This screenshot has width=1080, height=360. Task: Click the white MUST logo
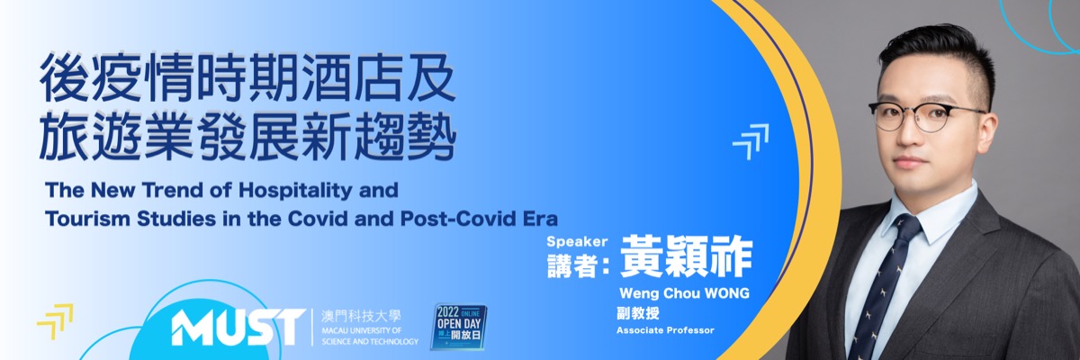[238, 328]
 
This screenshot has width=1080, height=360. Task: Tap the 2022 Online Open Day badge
[458, 327]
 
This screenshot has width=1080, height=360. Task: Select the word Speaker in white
[577, 242]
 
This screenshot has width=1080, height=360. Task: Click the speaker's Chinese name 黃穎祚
[686, 256]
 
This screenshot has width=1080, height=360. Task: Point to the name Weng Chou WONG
[684, 293]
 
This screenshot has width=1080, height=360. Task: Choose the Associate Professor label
[665, 330]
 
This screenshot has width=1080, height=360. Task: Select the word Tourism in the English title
[88, 219]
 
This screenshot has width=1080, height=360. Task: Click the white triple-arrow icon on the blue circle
[751, 141]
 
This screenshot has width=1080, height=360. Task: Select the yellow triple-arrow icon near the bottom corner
[55, 321]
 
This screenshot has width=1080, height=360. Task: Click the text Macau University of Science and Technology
[370, 336]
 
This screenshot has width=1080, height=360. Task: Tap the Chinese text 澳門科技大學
[361, 316]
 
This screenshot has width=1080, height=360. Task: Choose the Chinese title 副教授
[638, 314]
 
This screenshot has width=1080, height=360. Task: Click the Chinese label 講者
[572, 265]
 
